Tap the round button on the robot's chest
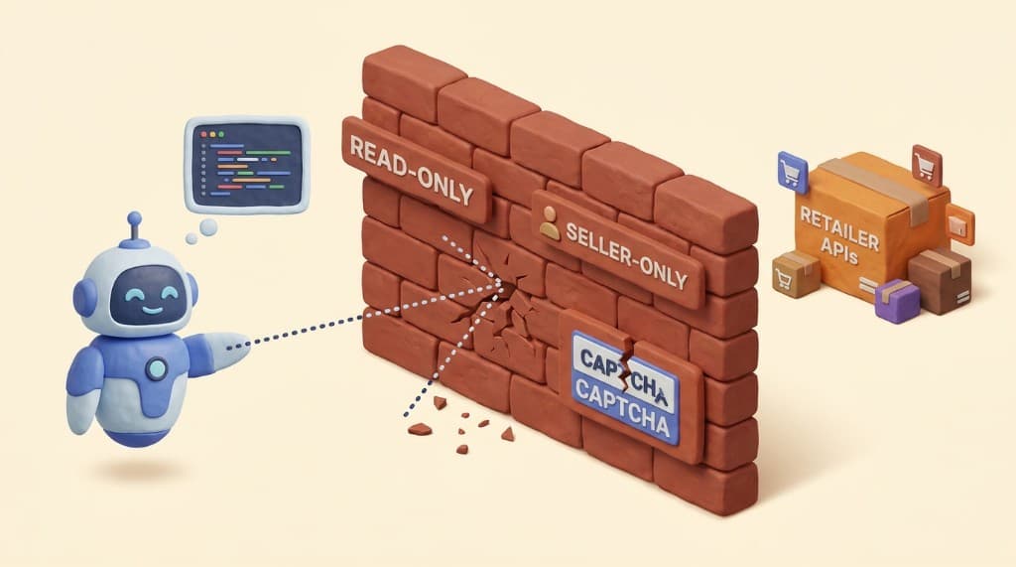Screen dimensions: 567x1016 coord(157,369)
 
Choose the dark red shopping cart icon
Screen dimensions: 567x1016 coord(926,162)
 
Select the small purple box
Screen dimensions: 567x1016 coord(896,299)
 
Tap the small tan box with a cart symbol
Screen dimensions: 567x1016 coord(796,273)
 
